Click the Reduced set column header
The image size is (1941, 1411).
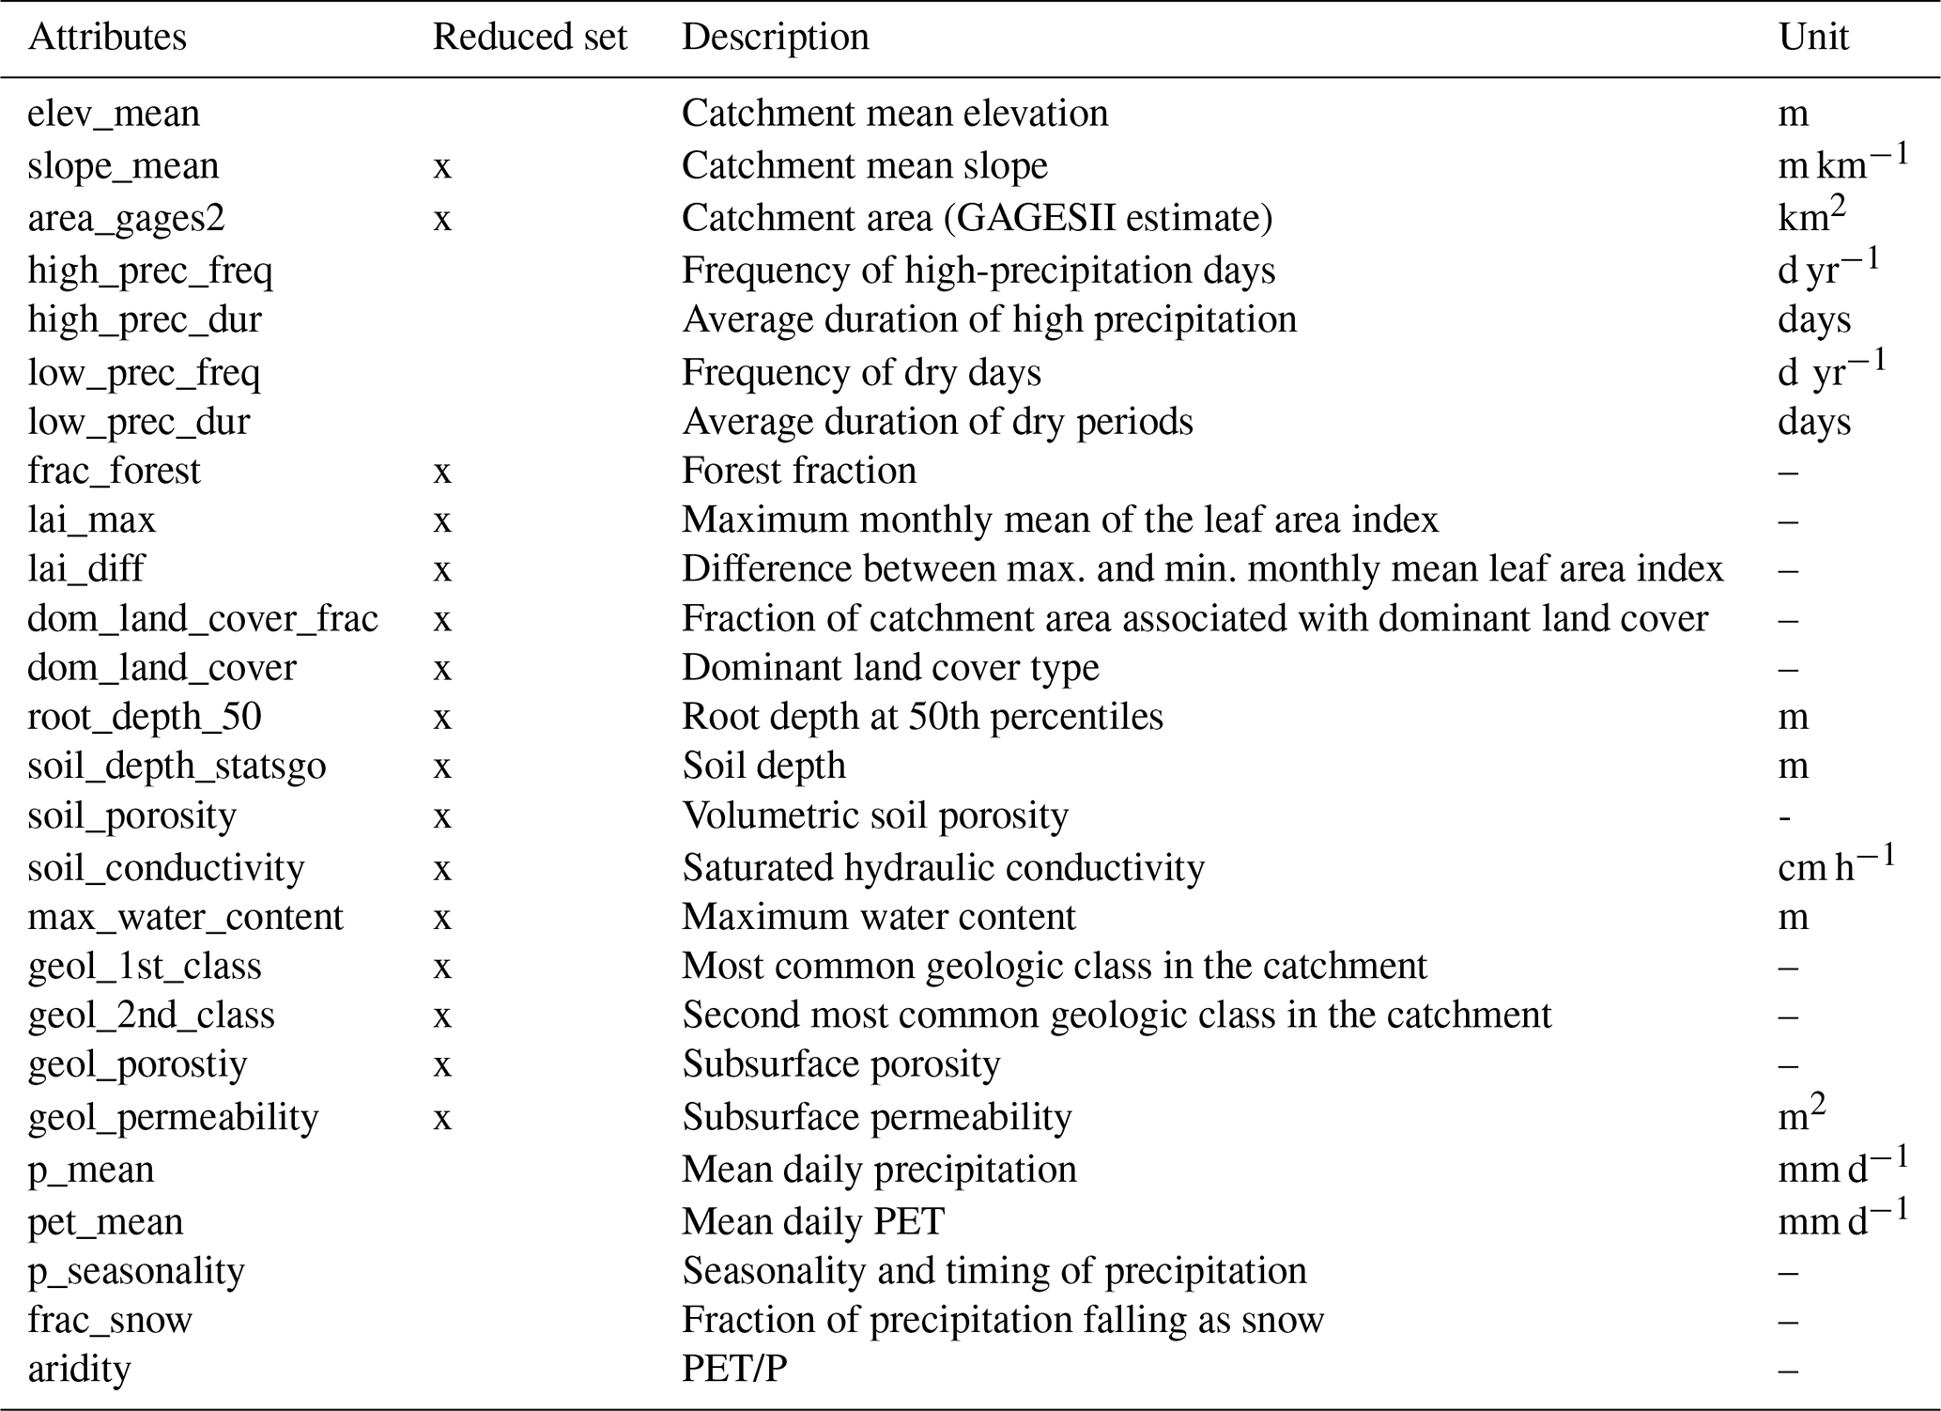click(x=530, y=37)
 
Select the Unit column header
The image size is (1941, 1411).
click(x=1812, y=37)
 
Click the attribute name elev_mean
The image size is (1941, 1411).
click(x=114, y=114)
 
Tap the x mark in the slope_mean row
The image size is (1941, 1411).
click(x=442, y=166)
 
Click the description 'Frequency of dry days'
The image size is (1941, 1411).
click(x=861, y=373)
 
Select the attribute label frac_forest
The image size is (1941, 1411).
click(x=114, y=471)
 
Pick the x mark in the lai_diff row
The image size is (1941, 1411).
click(x=442, y=569)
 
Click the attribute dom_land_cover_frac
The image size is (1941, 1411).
click(x=203, y=619)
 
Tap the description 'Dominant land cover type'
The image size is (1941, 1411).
click(x=890, y=668)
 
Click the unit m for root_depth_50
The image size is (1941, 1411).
click(x=1793, y=717)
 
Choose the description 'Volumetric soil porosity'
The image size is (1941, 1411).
click(x=875, y=815)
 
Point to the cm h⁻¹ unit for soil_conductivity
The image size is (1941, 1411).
click(x=1835, y=865)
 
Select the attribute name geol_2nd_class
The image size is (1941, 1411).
click(x=151, y=1016)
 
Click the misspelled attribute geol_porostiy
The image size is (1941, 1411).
click(x=138, y=1064)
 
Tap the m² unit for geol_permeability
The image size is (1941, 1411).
click(x=1801, y=1114)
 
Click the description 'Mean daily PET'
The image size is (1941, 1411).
click(x=813, y=1221)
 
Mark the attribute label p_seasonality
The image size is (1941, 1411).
click(x=136, y=1271)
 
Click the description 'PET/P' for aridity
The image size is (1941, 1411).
click(x=734, y=1369)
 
